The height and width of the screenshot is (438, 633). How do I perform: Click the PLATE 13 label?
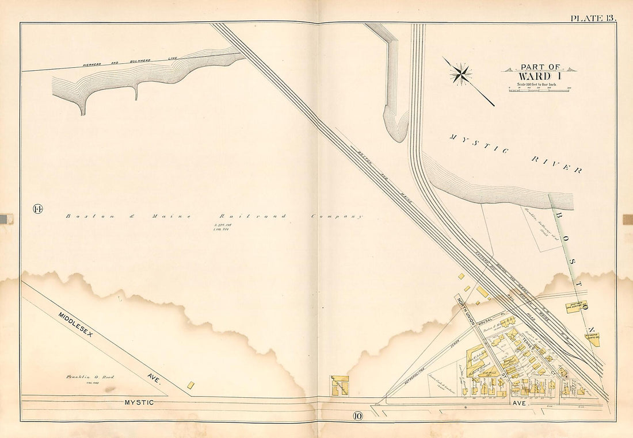coord(593,18)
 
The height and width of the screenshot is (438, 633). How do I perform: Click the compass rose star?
coord(461,74)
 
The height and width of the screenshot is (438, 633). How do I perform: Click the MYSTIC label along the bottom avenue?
coord(139,402)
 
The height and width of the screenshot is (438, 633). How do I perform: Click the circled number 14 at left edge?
coord(39,208)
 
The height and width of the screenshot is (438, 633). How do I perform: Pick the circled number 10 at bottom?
coord(357,416)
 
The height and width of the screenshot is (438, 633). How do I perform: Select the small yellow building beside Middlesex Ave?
coord(191,384)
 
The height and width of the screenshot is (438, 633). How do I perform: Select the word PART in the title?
coord(532,67)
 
